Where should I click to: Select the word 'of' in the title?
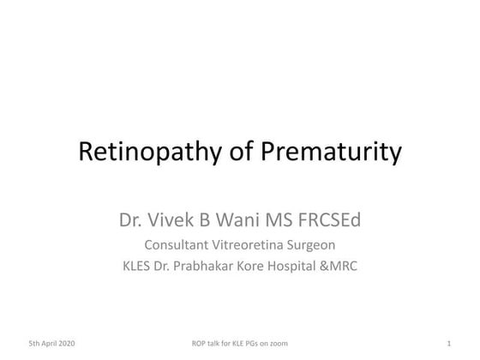235,153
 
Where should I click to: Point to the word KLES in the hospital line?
140,266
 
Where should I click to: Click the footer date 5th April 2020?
51,343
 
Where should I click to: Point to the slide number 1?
449,343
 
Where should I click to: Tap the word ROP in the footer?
202,343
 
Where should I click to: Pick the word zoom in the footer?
278,343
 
